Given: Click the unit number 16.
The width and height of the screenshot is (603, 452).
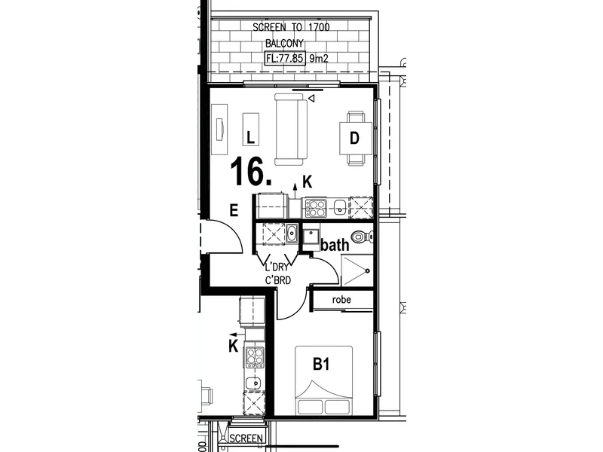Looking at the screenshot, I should (250, 171).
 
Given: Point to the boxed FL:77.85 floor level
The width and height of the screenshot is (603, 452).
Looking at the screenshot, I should (284, 57).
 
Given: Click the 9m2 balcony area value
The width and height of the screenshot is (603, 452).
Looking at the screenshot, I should (321, 57).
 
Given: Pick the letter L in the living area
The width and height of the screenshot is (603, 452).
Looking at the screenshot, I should (252, 136).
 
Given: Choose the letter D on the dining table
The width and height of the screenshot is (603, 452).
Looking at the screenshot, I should (353, 137).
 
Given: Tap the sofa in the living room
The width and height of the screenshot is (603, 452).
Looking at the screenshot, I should (290, 129).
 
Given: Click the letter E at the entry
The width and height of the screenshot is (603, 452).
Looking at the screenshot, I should (234, 212).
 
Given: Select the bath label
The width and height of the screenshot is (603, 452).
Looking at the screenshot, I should (335, 244).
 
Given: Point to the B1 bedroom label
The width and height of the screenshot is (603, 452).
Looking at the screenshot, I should (323, 365).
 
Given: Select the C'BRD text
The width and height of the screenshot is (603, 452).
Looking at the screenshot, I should (277, 281).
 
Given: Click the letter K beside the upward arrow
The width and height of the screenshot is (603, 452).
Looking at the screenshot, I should (307, 181).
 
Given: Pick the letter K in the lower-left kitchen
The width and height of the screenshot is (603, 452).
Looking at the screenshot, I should (234, 346).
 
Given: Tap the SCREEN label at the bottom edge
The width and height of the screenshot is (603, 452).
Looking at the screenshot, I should (246, 438).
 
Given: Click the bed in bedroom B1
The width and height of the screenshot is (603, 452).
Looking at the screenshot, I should (324, 380).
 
